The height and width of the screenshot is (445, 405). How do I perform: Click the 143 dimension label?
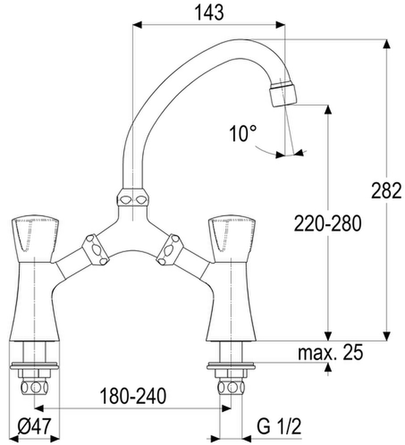tap(209, 13)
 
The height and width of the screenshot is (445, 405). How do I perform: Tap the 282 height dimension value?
tap(386, 190)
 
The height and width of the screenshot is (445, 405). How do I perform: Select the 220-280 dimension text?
tap(328, 224)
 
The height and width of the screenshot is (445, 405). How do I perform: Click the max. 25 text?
tap(330, 352)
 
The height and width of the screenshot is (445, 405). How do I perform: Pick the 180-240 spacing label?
tap(133, 396)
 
